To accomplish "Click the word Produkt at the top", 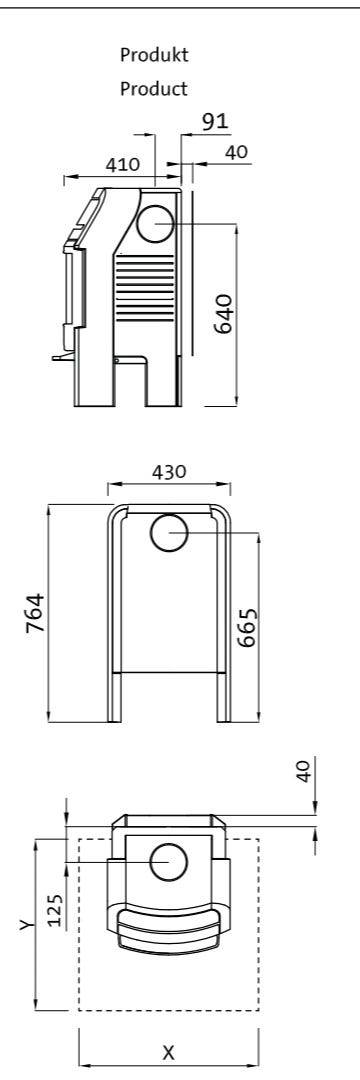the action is coord(153,55).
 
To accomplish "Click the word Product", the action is coord(153,89).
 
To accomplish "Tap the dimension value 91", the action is coord(215,122).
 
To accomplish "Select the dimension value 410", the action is coord(122,165).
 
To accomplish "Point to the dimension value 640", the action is coord(224,313).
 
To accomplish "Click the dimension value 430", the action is coord(169,472).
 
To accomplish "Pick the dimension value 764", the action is coord(35,614).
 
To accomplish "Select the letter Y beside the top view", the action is coord(25,925).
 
